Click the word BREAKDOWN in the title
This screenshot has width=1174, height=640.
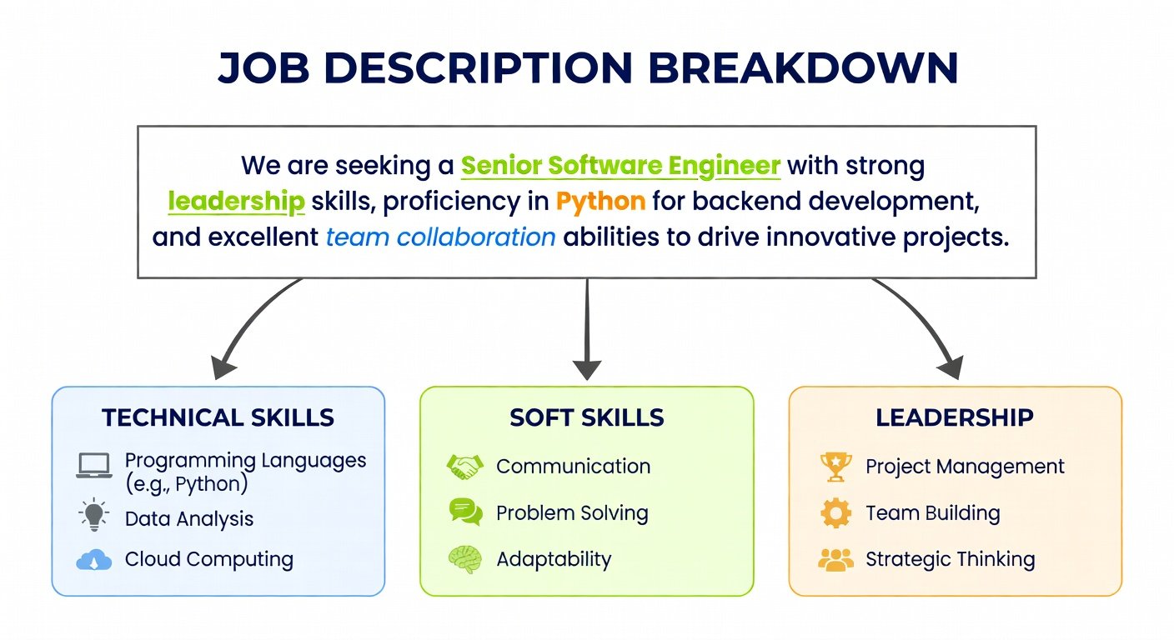tap(803, 68)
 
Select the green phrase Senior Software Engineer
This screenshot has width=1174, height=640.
tap(620, 166)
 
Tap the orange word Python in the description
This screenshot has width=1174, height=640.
tap(600, 202)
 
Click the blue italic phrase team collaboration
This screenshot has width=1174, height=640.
tap(441, 237)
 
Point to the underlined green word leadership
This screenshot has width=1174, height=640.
tap(236, 202)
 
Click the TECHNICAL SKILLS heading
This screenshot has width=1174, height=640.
tap(218, 417)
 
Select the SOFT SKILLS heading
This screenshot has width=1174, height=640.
tap(586, 417)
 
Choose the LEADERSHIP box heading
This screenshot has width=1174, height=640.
tap(955, 417)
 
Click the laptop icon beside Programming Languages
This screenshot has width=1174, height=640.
tap(94, 466)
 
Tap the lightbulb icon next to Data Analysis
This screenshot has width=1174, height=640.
tap(94, 515)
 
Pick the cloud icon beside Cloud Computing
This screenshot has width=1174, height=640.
tap(94, 559)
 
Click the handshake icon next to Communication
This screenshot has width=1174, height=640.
tap(465, 467)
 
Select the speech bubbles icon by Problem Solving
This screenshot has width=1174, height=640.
tap(465, 512)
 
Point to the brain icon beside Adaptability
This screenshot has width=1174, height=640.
tap(465, 559)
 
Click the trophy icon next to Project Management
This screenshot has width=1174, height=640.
tap(835, 467)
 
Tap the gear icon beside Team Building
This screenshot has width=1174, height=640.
tap(835, 512)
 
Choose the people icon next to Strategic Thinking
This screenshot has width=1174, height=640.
tap(835, 560)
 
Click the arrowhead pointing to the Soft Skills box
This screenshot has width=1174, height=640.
tap(587, 370)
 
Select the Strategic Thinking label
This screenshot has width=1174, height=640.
tap(951, 560)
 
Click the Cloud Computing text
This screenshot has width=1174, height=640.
tap(209, 560)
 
